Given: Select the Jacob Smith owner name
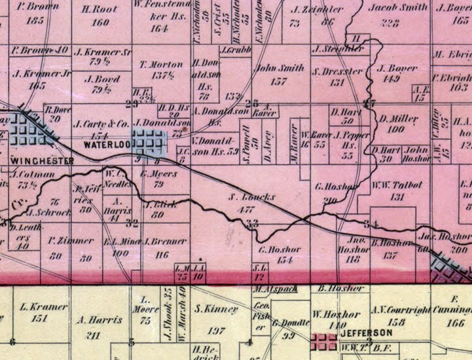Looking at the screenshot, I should pos(393,9).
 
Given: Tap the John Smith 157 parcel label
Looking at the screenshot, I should pos(279,67).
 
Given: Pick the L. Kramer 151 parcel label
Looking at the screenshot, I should pos(43,307).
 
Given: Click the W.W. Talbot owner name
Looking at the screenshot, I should pos(397,185).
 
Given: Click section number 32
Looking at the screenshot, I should pos(132,223).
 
